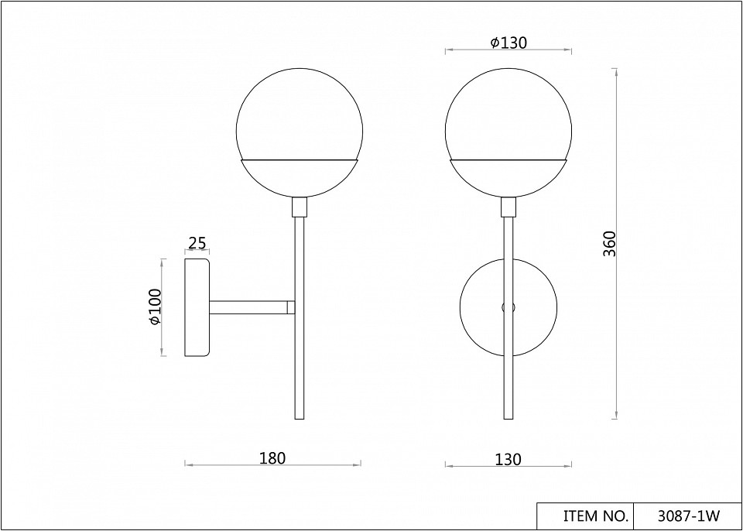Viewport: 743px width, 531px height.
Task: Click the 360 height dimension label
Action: [x=609, y=244]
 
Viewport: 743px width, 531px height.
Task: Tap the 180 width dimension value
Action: [x=272, y=458]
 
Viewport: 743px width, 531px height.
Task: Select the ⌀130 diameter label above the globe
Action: [x=508, y=43]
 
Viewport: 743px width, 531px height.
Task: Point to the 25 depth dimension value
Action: [x=197, y=243]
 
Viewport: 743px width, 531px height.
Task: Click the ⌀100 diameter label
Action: [x=156, y=307]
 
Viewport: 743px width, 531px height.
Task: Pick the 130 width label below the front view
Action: [x=508, y=459]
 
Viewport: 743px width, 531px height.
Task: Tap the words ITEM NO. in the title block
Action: [x=596, y=516]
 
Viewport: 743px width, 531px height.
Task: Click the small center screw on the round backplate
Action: [x=508, y=307]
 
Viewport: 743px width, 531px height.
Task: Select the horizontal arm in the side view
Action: [x=248, y=307]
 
